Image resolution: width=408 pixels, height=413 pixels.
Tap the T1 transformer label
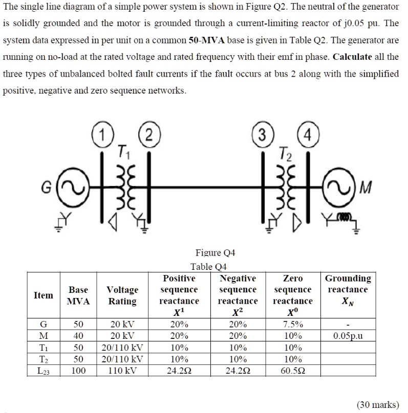(x=122, y=151)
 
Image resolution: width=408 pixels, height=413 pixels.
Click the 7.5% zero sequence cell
(x=293, y=324)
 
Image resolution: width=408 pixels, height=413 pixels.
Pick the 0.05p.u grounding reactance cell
(x=348, y=336)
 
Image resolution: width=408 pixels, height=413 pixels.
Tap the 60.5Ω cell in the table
(x=293, y=370)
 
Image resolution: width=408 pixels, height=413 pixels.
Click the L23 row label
(x=43, y=370)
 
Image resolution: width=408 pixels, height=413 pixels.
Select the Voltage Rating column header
(x=122, y=295)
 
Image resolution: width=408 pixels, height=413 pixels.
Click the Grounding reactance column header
(x=348, y=289)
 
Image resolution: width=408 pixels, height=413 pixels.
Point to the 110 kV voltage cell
(x=122, y=370)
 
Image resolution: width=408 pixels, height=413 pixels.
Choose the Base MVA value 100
(x=78, y=370)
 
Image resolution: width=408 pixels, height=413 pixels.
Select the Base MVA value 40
(x=78, y=336)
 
